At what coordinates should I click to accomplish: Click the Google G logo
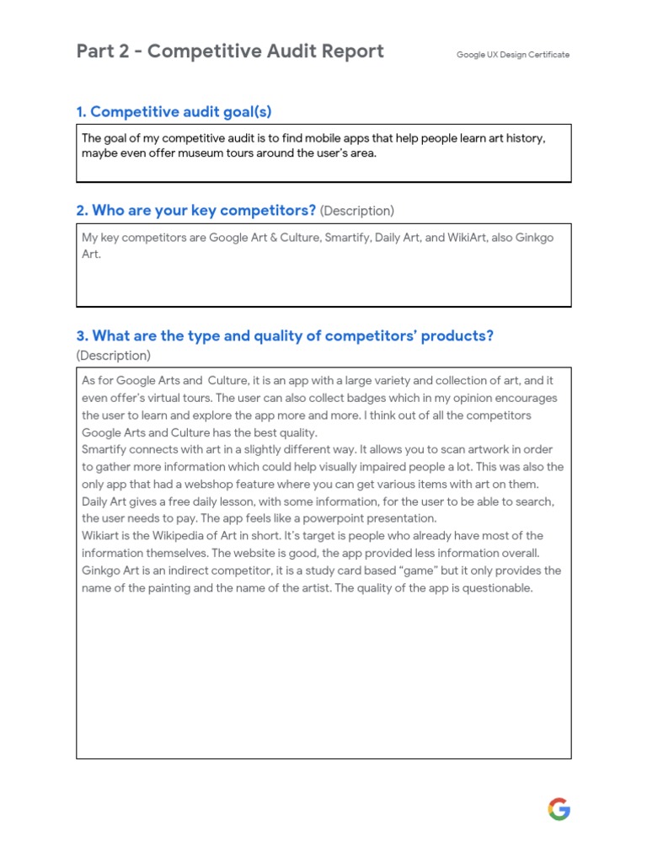click(559, 810)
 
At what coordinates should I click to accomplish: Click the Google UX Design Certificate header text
click(513, 55)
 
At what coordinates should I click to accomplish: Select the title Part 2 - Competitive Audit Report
click(230, 51)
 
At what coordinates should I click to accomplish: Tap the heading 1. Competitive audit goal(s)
click(174, 112)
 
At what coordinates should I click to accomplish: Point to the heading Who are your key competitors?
click(196, 210)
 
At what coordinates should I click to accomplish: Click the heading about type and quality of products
click(285, 335)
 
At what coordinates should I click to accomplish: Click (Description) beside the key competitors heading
click(357, 211)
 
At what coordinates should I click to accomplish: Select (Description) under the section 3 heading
click(114, 356)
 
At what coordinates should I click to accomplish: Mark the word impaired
click(420, 467)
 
